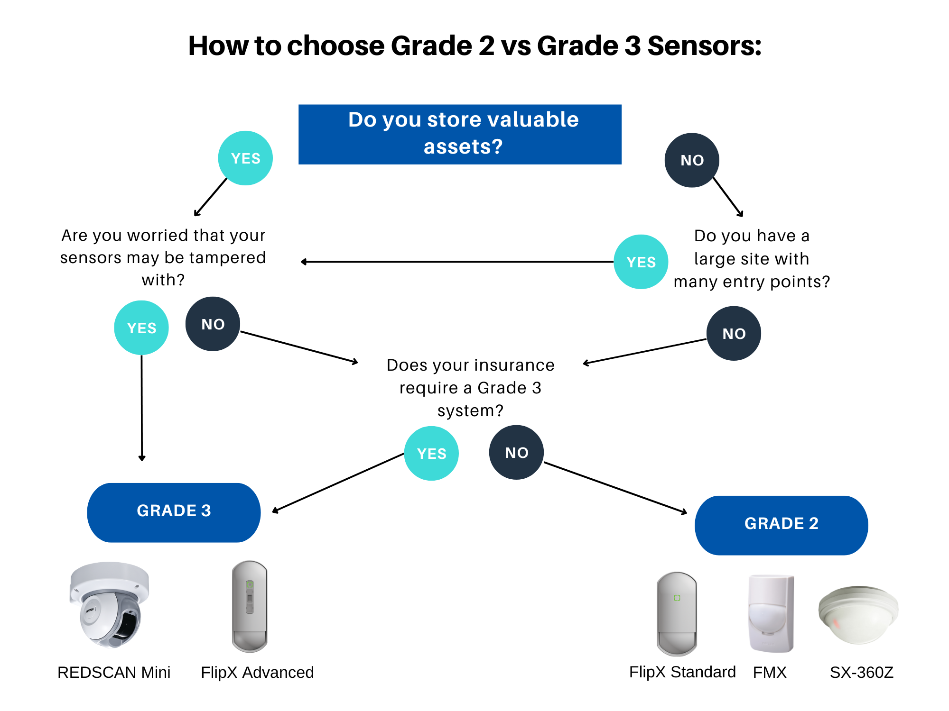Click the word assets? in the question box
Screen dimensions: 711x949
point(463,146)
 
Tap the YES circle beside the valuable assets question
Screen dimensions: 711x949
point(245,158)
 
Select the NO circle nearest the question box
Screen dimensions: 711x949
point(692,160)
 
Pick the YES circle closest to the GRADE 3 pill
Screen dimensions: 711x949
point(141,328)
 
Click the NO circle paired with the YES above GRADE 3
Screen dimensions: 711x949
point(213,324)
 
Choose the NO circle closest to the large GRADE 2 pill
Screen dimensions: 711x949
point(734,333)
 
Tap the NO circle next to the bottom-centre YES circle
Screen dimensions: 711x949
point(516,453)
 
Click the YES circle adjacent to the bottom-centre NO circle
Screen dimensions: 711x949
point(431,453)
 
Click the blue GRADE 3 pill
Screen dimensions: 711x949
point(174,512)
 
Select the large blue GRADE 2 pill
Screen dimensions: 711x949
point(781,525)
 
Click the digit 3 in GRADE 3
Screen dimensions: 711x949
point(206,511)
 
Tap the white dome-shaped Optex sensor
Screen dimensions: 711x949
point(109,604)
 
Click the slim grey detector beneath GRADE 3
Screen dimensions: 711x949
point(250,607)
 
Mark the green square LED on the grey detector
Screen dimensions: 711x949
point(677,598)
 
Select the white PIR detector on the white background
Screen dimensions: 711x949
point(771,614)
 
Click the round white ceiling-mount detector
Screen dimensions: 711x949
point(858,614)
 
